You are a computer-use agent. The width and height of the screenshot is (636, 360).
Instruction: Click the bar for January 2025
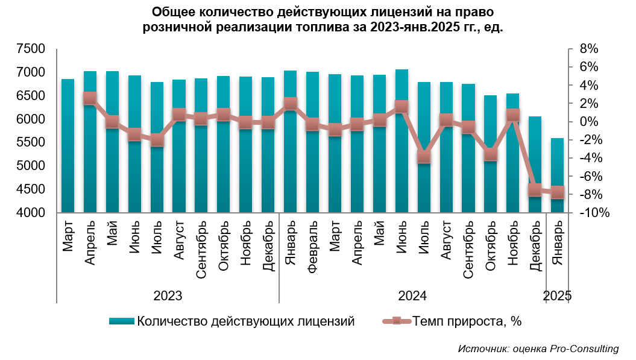557,175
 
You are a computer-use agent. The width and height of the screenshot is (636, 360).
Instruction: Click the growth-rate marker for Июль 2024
424,157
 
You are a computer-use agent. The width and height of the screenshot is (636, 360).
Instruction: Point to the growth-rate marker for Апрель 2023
90,98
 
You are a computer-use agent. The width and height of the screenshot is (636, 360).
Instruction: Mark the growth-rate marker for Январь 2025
557,192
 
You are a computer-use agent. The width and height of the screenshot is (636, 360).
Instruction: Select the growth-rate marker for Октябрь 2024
491,154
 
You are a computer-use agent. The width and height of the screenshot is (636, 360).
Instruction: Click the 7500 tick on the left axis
31,49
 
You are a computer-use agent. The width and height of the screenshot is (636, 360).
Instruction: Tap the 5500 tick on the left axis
31,143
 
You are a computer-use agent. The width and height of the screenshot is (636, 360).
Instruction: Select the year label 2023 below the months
168,296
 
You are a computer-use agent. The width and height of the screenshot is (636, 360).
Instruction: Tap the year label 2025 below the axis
557,296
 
